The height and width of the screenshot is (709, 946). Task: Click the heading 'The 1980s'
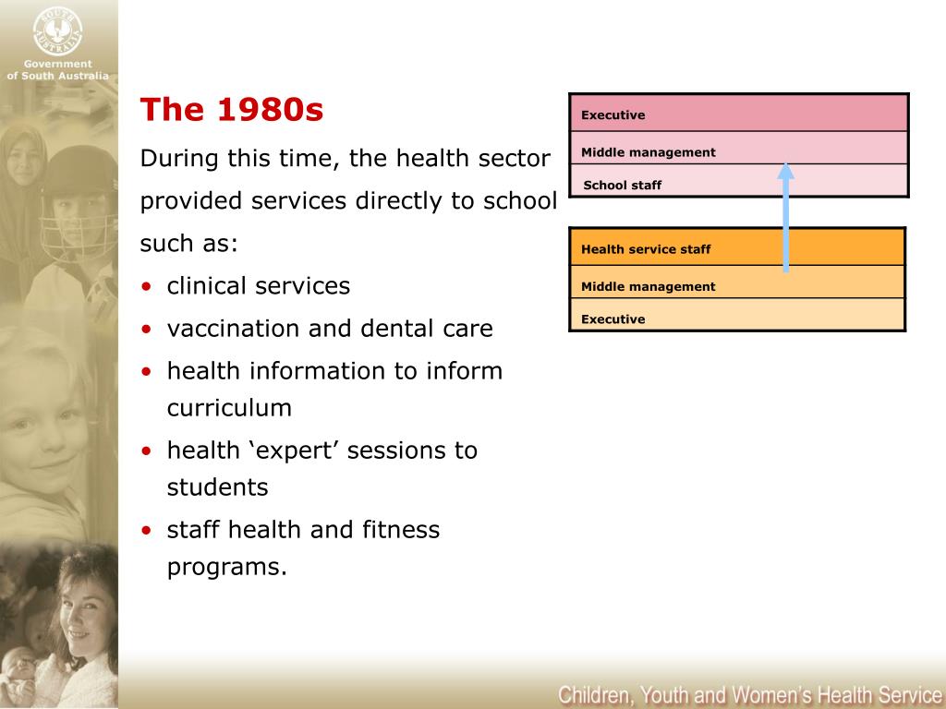[232, 111]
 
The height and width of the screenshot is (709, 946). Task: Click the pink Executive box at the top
[738, 114]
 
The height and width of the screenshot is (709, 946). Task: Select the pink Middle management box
[738, 149]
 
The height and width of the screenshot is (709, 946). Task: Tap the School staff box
[738, 182]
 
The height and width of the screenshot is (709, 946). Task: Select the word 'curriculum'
[229, 408]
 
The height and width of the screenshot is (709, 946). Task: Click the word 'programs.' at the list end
[227, 567]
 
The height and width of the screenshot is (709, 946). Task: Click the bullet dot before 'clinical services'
[148, 287]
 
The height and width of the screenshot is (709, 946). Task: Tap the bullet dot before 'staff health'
[148, 531]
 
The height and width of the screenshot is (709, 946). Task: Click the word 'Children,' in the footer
[593, 694]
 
